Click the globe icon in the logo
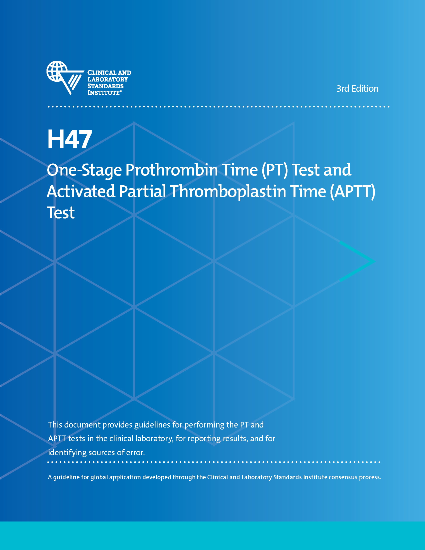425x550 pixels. pyautogui.click(x=57, y=71)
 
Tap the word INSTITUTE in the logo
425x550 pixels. pyautogui.click(x=103, y=93)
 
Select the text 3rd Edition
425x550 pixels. pyautogui.click(x=357, y=89)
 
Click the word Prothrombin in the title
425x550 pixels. pyautogui.click(x=172, y=170)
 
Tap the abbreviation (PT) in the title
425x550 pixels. pyautogui.click(x=274, y=170)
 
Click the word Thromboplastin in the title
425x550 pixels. pyautogui.click(x=228, y=191)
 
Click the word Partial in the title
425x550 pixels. pyautogui.click(x=142, y=191)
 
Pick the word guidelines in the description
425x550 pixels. pyautogui.click(x=152, y=425)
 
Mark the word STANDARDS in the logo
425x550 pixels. pyautogui.click(x=105, y=86)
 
